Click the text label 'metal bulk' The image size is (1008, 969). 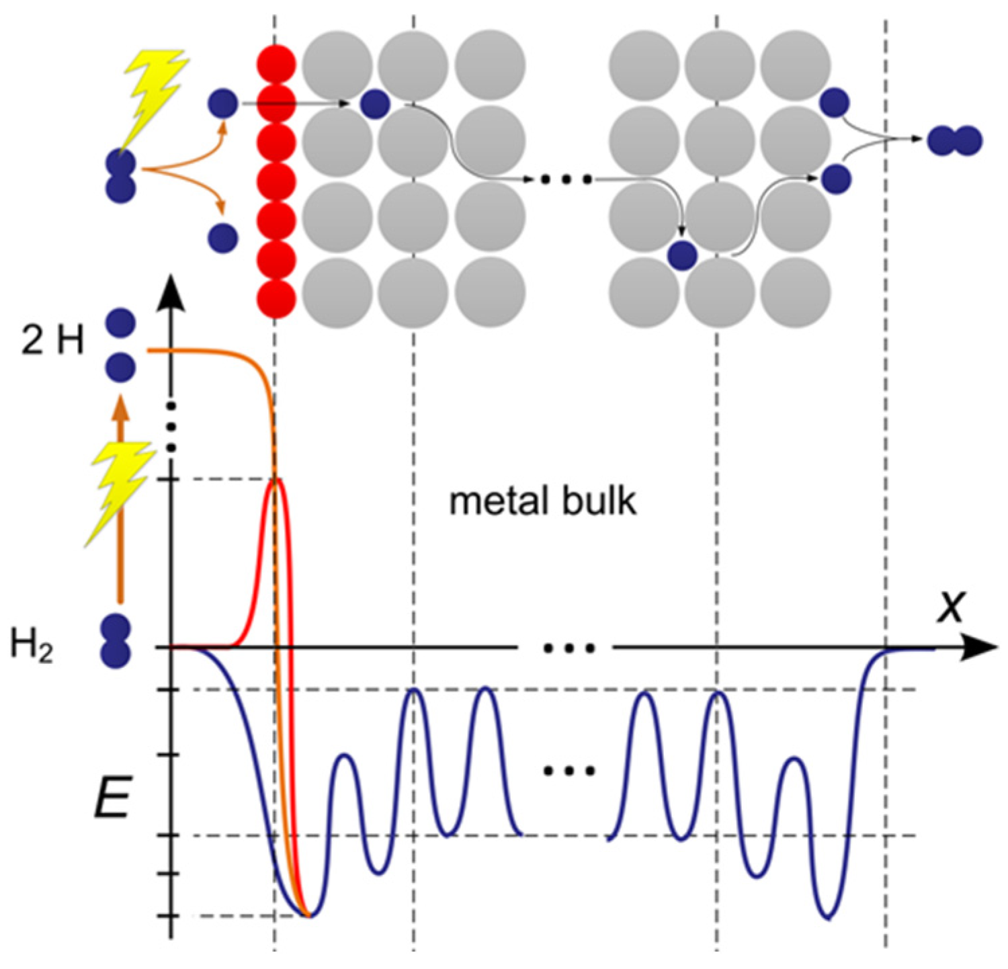[542, 502]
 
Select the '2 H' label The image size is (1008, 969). [52, 341]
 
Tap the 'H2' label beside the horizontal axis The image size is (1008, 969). [32, 646]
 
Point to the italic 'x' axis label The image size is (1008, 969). [951, 606]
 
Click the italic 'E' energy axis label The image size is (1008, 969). [112, 799]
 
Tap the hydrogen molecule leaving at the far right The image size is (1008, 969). [954, 141]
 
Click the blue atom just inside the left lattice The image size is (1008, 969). [374, 104]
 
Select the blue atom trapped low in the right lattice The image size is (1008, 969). [683, 256]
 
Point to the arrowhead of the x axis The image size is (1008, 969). [982, 648]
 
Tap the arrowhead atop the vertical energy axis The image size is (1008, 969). [172, 289]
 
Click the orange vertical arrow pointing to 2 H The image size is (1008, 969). [120, 497]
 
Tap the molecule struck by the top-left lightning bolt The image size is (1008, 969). [121, 176]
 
